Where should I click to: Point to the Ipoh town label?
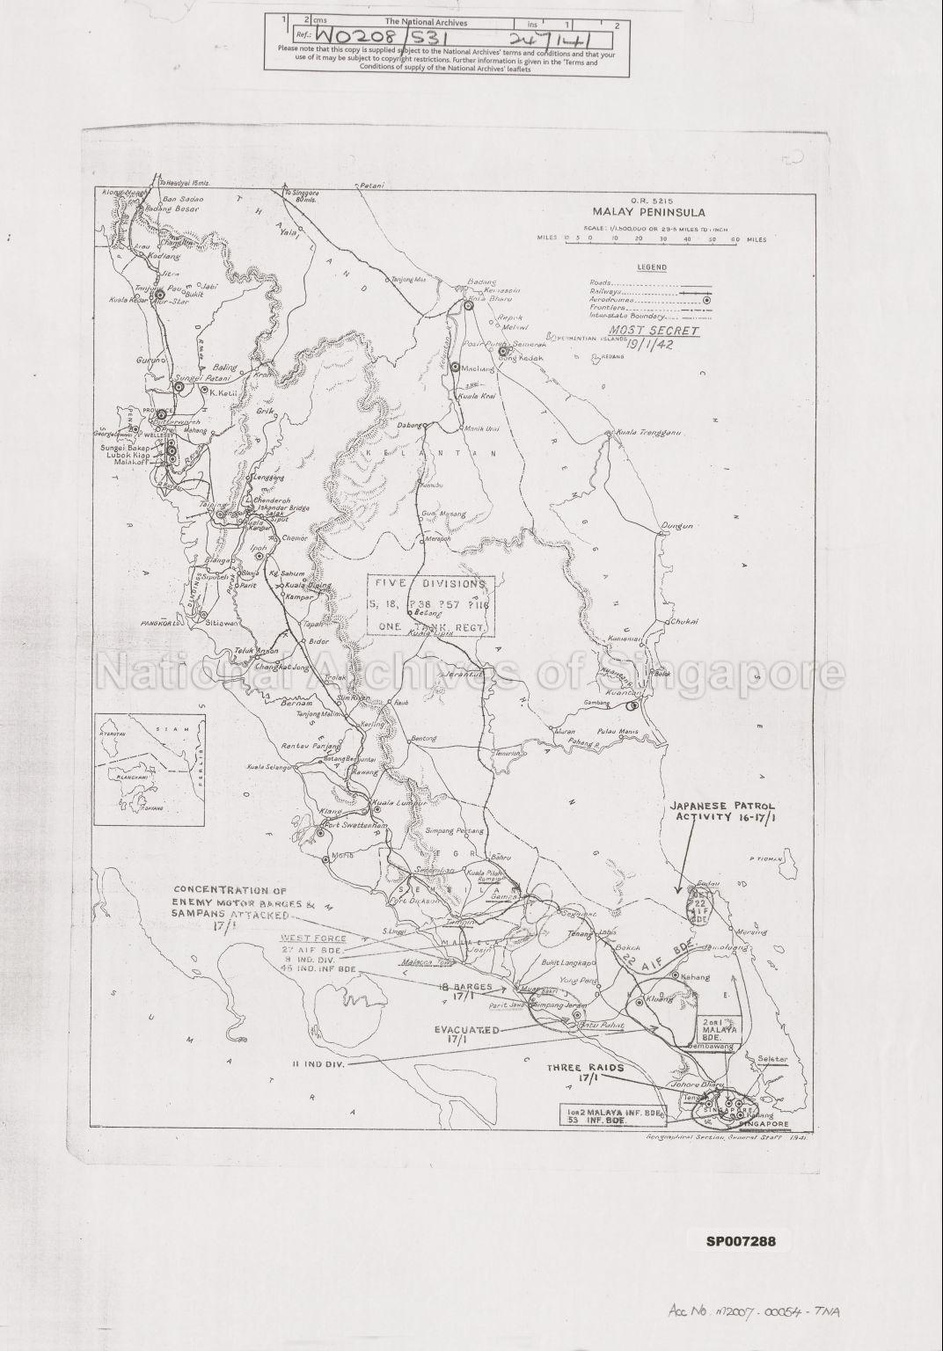(x=259, y=547)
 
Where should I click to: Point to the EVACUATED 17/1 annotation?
(x=466, y=1033)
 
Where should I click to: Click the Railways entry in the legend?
(x=609, y=291)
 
